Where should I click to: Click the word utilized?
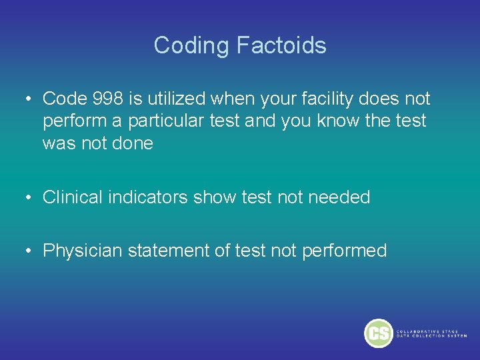click(x=176, y=99)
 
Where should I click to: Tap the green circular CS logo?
click(x=379, y=333)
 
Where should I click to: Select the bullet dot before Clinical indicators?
click(x=30, y=198)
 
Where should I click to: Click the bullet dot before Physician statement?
click(x=30, y=251)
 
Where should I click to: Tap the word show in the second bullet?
click(x=213, y=197)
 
